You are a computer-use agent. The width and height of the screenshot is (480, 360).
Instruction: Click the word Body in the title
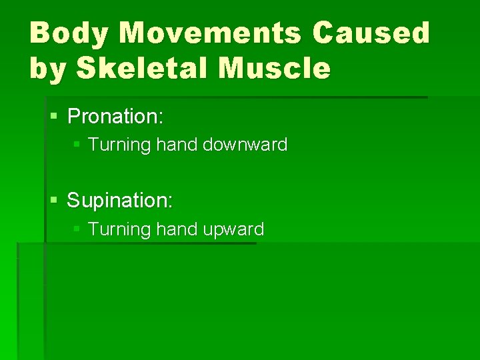coord(69,33)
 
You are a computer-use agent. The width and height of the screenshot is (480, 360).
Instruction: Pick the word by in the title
coord(48,69)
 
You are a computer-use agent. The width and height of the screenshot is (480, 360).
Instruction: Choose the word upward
coord(233,230)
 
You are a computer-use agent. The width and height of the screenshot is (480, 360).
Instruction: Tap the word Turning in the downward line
coord(116,145)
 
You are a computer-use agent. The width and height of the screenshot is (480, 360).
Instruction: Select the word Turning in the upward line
coord(116,229)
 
